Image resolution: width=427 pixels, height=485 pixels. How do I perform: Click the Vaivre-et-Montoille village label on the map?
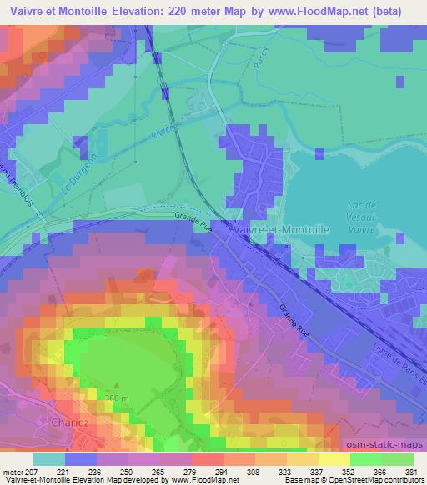pyautogui.click(x=283, y=227)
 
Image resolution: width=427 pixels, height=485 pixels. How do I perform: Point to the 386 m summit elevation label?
pyautogui.click(x=119, y=397)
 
